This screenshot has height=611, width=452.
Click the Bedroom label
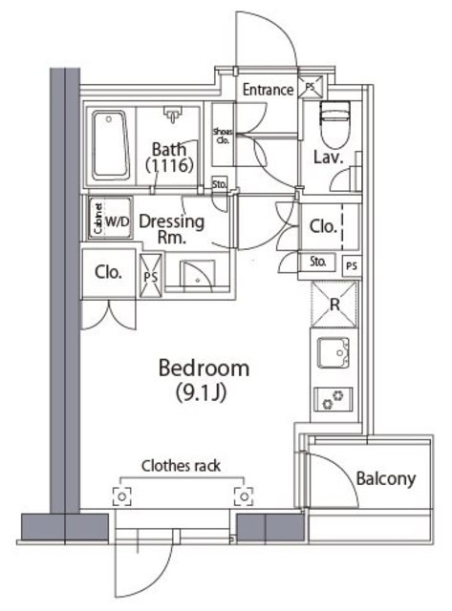click(204, 369)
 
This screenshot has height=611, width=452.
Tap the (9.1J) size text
click(202, 392)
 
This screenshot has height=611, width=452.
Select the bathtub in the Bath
click(110, 145)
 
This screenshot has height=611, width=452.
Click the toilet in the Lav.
click(335, 124)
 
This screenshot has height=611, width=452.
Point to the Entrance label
click(268, 90)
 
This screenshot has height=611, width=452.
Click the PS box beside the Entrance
click(311, 87)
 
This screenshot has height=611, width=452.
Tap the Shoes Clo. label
click(223, 137)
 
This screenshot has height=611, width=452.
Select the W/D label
click(117, 222)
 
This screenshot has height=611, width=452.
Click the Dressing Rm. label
click(172, 229)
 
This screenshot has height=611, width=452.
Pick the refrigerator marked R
click(334, 305)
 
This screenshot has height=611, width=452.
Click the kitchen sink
click(334, 352)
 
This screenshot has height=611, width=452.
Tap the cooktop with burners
click(334, 399)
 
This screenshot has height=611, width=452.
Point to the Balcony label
click(386, 479)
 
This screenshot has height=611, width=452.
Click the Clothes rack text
click(181, 466)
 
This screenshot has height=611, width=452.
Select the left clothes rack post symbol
click(121, 496)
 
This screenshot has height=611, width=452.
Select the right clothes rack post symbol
click(244, 496)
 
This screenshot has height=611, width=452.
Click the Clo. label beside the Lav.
click(323, 226)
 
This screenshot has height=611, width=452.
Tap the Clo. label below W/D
click(108, 272)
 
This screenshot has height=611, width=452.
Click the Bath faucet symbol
click(172, 114)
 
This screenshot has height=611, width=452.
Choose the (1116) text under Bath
click(169, 165)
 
